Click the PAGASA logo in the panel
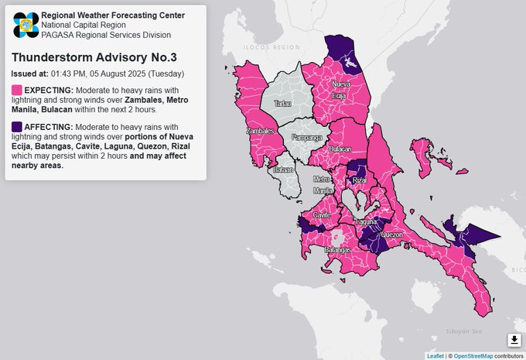click(x=25, y=25)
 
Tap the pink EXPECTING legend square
click(x=17, y=91)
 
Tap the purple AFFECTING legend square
click(x=17, y=126)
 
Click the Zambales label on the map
click(x=258, y=131)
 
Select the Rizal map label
click(x=359, y=180)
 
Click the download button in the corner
click(x=514, y=340)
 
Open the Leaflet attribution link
click(x=435, y=355)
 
